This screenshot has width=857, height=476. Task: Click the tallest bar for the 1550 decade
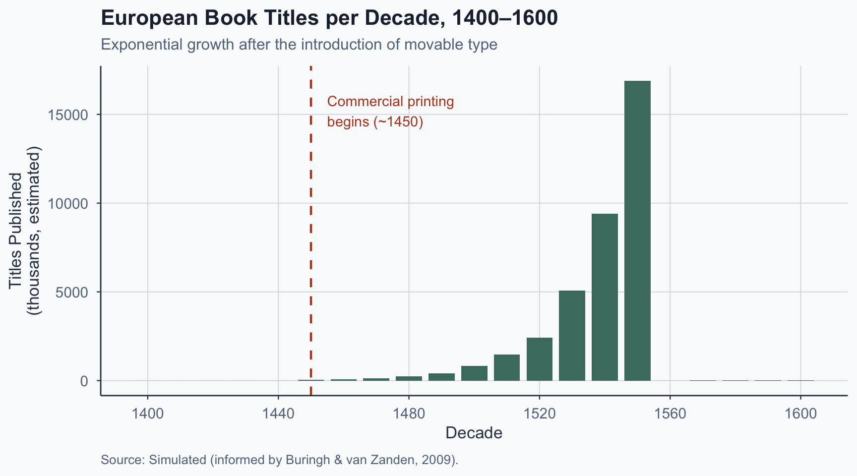pos(637,231)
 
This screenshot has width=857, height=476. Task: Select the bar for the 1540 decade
pos(605,297)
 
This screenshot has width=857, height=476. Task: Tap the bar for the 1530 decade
pos(572,336)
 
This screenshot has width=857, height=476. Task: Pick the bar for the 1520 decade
pos(540,359)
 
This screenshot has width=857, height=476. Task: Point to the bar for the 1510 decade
pos(507,367)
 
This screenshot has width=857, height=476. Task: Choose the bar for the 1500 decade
pos(474,373)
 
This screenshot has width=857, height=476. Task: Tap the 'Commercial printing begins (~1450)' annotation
pos(390,112)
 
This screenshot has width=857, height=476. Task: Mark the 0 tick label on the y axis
pos(84,381)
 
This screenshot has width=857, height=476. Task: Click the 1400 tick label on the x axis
pos(148,414)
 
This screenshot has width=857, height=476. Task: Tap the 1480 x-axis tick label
pos(409,414)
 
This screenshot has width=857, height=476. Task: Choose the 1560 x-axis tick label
pos(670,414)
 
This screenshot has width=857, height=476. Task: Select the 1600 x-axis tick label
pos(800,414)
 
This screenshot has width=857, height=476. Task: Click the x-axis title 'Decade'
pos(474,433)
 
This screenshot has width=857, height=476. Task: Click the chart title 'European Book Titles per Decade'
pos(329,18)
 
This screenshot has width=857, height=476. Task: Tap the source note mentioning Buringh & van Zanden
pos(279,460)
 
